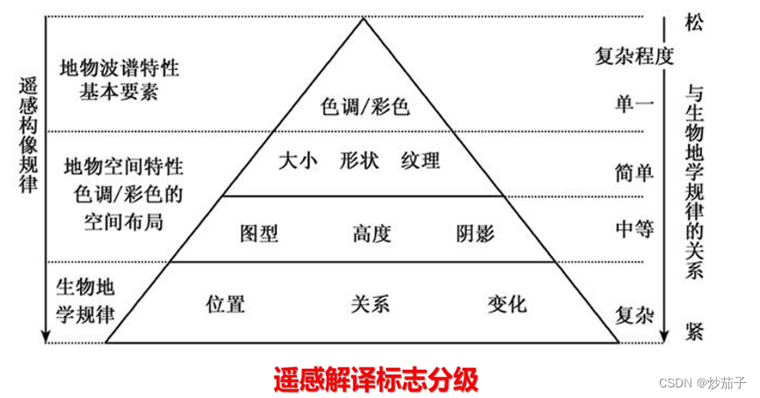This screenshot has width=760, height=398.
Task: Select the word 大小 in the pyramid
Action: (x=297, y=161)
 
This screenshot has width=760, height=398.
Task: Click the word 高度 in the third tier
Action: (x=371, y=234)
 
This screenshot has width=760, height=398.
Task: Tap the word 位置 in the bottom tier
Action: (x=225, y=304)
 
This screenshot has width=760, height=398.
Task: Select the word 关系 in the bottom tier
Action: (x=370, y=304)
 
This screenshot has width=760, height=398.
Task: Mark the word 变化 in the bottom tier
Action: (x=507, y=304)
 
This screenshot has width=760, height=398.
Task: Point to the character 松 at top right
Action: (x=694, y=24)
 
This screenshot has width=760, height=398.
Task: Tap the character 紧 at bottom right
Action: (x=694, y=331)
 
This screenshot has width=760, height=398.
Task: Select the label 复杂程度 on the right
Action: (x=633, y=58)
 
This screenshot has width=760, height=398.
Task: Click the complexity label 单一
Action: (x=634, y=105)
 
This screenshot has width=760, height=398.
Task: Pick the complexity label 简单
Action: (x=634, y=172)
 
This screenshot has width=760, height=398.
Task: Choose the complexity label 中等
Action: (x=634, y=229)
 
